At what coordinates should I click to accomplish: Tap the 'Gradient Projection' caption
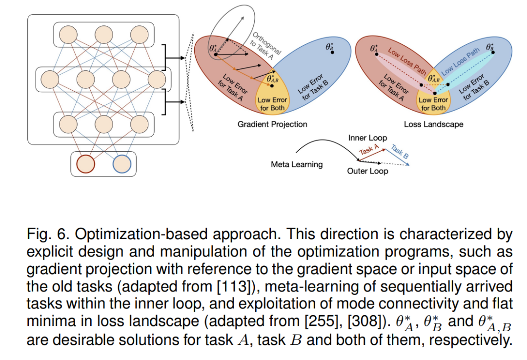point(272,124)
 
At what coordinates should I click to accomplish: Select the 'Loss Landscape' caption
point(433,124)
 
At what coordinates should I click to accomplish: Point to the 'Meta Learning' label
point(297,164)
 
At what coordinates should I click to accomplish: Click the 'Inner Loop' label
point(367,138)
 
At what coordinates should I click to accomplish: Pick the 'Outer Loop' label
point(367,171)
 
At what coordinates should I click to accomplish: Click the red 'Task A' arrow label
point(369,150)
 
